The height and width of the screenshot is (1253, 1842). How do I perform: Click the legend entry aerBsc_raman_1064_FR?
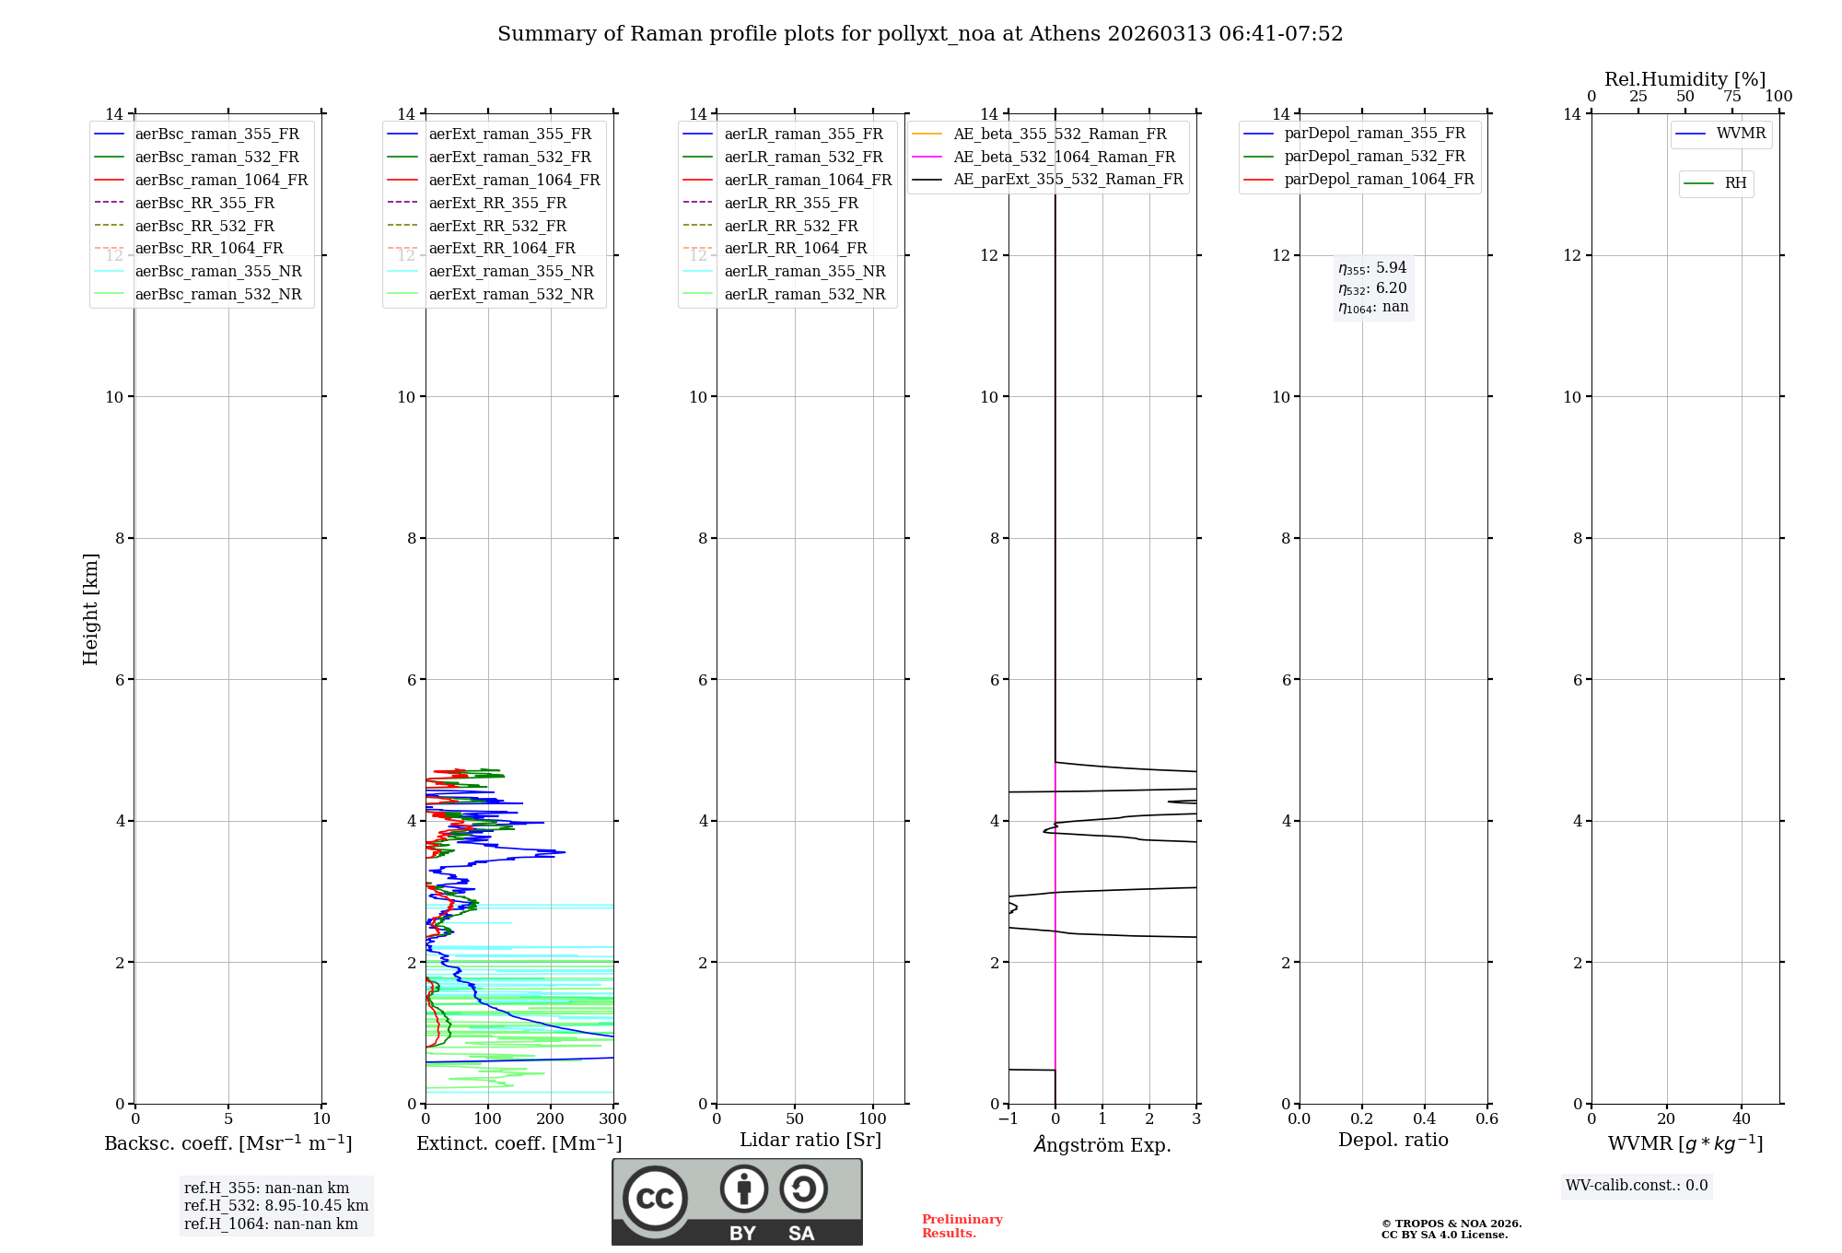point(221,181)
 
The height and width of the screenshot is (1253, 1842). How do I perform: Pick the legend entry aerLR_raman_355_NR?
point(804,272)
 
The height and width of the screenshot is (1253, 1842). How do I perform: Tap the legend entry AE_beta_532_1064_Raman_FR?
point(1064,158)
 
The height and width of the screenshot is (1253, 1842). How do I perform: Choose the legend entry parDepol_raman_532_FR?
point(1374,157)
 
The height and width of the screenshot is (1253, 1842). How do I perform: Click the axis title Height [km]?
point(90,609)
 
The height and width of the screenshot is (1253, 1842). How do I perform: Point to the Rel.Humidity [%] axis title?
point(1685,79)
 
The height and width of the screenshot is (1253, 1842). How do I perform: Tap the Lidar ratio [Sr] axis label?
point(810,1140)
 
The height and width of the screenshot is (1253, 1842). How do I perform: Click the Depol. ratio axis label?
point(1393,1140)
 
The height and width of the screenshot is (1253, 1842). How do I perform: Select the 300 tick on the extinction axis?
point(612,1119)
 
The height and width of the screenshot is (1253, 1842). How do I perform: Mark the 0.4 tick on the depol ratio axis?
point(1424,1119)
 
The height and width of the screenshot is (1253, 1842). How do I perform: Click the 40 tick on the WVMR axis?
point(1741,1119)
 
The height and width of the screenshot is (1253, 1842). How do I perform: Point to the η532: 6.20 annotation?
point(1372,288)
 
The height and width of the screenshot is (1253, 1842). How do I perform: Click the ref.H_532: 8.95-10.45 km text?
point(275,1206)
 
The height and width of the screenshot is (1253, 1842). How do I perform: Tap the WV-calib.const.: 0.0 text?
point(1636,1186)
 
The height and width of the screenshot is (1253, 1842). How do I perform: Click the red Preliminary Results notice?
point(962,1226)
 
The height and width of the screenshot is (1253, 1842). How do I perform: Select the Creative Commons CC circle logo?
point(655,1199)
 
